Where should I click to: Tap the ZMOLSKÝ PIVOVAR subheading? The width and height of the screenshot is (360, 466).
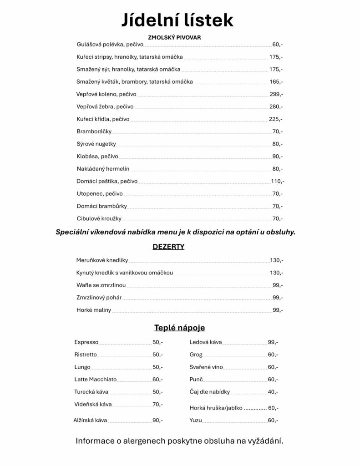pos(175,37)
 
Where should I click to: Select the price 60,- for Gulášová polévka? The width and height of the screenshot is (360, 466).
pos(277,45)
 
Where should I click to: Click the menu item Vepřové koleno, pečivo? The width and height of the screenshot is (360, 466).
pos(106,94)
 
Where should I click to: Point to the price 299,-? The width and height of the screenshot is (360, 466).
pos(276,94)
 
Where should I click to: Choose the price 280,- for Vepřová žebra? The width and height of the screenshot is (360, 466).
pos(276,106)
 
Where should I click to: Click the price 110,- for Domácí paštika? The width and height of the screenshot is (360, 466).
pos(278,181)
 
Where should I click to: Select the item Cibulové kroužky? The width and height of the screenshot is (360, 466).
pos(99,218)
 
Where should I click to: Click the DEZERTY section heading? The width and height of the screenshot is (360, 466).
pos(168,247)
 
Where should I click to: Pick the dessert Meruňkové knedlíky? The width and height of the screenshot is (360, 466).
pos(102,261)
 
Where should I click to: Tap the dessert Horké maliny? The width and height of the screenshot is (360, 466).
pos(94,310)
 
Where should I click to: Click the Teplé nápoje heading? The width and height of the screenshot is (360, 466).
pos(179,328)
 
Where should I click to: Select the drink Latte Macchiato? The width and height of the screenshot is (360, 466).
pos(96,379)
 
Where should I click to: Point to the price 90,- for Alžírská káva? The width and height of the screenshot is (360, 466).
pos(157,420)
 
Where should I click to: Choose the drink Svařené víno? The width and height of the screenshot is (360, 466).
pos(206,367)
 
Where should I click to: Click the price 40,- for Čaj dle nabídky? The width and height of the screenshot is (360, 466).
pos(273,391)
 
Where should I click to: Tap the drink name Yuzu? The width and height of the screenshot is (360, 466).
pos(196,420)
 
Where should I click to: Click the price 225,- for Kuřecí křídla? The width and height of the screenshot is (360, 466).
pos(275,119)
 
